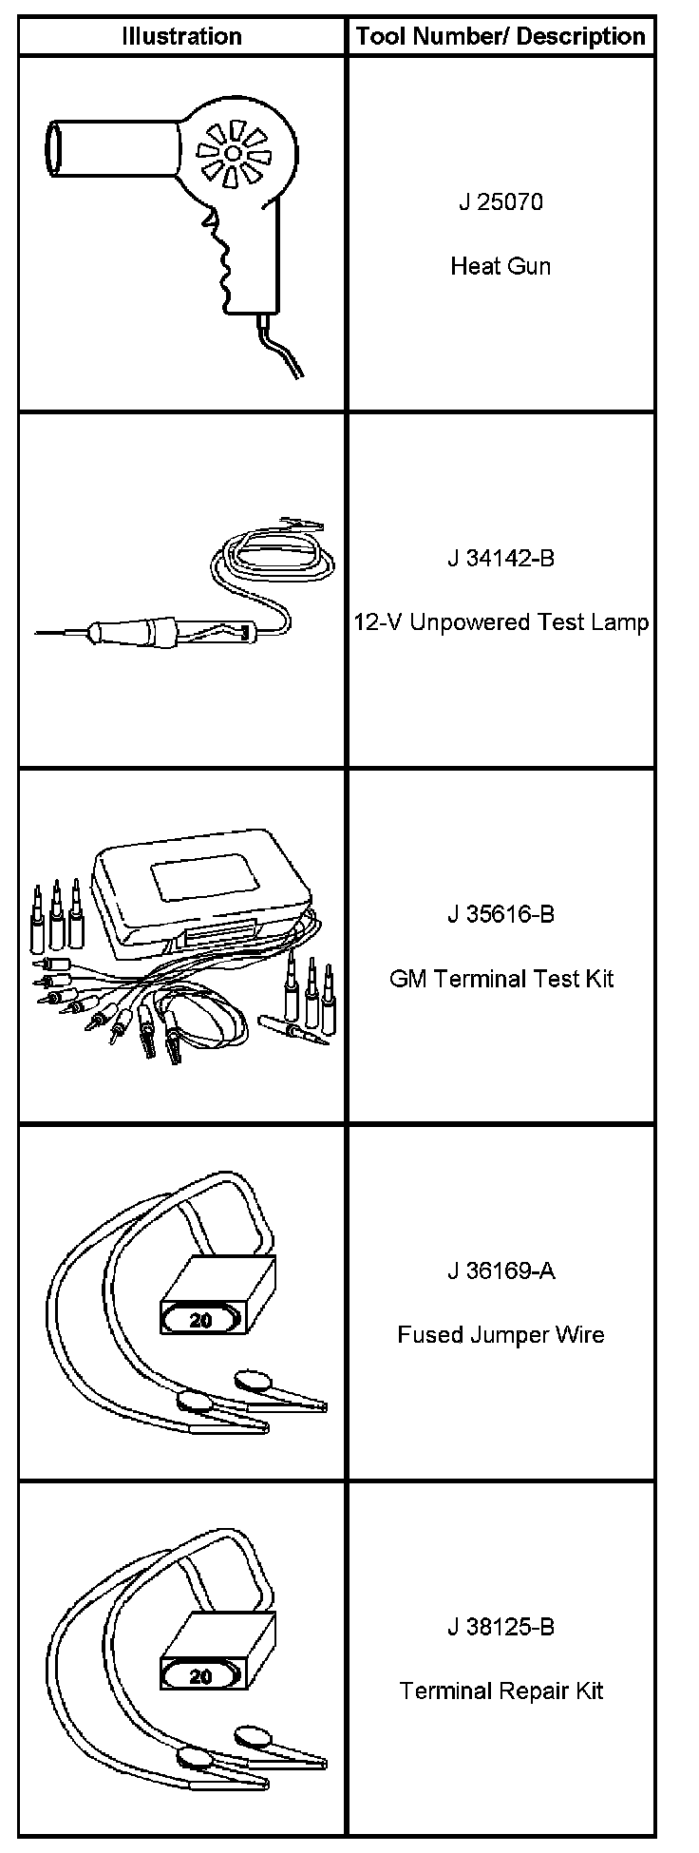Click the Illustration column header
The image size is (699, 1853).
tap(181, 36)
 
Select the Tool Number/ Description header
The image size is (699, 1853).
tap(501, 36)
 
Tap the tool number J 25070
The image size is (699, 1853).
tap(501, 202)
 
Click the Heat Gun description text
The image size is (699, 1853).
tap(501, 266)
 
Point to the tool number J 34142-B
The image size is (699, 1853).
tap(501, 558)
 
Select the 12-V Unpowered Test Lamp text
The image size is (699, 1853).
tap(501, 622)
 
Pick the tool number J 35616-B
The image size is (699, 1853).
tap(501, 914)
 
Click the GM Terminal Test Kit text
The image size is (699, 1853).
tap(501, 979)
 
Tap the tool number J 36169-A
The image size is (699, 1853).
tap(501, 1270)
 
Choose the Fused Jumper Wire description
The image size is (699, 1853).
tap(501, 1335)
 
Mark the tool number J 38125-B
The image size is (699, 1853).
tap(501, 1627)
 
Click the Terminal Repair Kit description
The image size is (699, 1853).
tap(501, 1691)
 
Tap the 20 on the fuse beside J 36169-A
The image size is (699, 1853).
tap(201, 1320)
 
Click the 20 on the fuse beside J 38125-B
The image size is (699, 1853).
tap(201, 1676)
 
